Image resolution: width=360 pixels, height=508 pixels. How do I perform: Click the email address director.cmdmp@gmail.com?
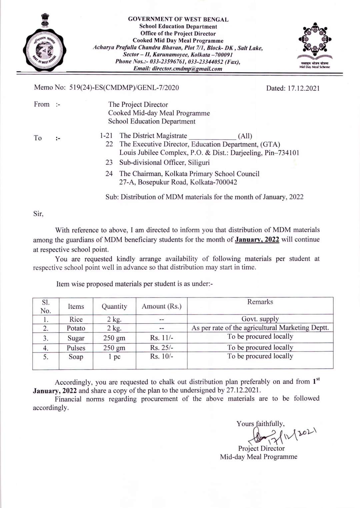tap(178, 69)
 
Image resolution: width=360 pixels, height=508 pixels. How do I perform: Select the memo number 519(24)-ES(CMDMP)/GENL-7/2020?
tap(124, 88)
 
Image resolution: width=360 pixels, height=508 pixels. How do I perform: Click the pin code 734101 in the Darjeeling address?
tap(287, 153)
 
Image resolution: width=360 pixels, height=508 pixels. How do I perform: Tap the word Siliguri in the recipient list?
tap(199, 163)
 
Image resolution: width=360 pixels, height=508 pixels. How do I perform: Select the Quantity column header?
tap(114, 307)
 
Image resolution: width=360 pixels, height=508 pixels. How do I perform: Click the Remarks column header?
tap(260, 302)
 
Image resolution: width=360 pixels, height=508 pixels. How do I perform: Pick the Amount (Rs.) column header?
tap(162, 306)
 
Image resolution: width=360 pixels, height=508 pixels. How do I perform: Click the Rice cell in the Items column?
tap(76, 319)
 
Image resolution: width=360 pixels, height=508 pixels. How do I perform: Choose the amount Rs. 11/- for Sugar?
tap(162, 338)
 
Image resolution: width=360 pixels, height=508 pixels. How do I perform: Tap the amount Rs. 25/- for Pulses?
tap(162, 348)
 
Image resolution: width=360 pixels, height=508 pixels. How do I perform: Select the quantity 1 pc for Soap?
tap(114, 357)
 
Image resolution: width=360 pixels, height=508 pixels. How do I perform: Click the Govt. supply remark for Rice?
tap(260, 319)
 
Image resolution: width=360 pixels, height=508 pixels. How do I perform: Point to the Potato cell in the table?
tap(76, 328)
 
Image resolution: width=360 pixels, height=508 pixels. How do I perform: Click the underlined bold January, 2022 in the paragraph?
tap(257, 239)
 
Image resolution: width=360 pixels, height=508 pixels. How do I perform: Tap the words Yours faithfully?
tap(260, 424)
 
